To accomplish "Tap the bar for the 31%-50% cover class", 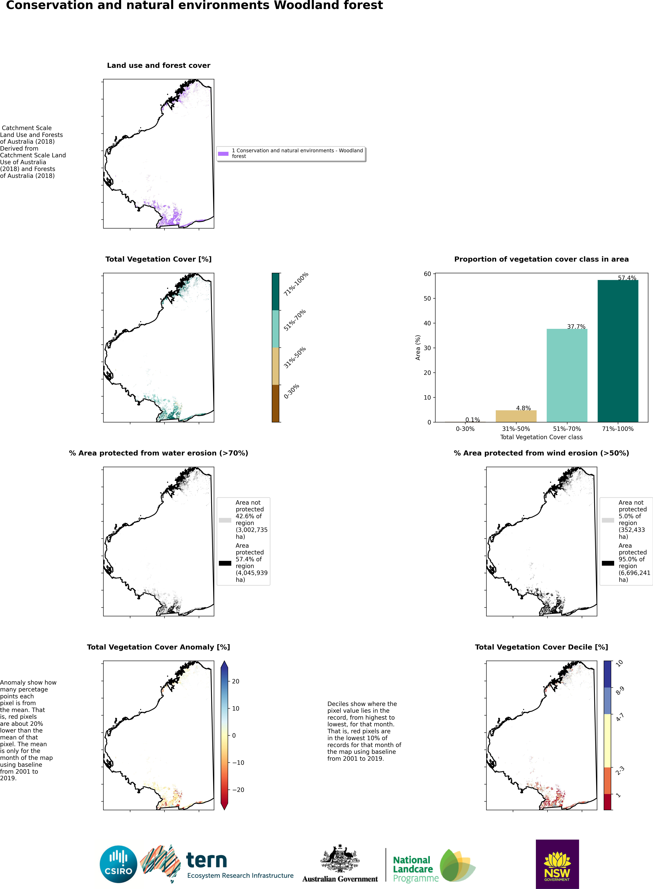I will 516,416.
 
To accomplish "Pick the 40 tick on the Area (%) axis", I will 427,323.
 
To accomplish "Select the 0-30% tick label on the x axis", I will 465,429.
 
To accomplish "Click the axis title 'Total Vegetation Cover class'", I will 541,437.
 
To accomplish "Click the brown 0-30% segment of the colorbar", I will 275,403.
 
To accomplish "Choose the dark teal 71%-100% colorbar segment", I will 275,291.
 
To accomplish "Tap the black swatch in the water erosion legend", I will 225,563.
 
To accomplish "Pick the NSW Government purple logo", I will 557,864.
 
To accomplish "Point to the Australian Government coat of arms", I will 340,858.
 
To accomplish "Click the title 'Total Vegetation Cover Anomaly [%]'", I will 158,647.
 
